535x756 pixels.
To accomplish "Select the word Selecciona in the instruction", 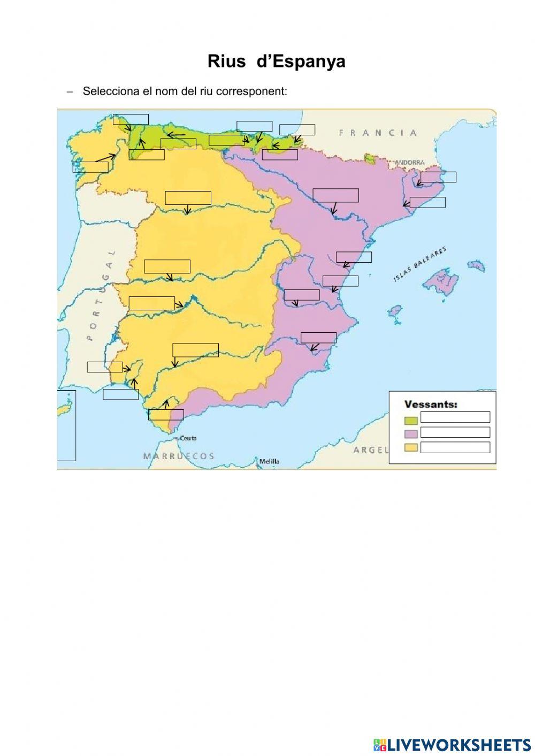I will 111,91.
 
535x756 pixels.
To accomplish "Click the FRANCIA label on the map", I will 377,133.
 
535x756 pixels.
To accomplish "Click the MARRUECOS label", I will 179,456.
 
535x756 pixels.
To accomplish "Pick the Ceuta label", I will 188,438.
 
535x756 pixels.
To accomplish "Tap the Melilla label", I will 269,461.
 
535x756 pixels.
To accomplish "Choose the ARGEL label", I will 371,450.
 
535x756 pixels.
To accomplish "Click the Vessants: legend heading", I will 431,404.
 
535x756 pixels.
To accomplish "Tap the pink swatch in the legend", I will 411,433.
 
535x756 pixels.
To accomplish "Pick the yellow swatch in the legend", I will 411,448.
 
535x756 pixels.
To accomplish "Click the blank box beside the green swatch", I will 455,417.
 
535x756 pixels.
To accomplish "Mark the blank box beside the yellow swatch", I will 455,447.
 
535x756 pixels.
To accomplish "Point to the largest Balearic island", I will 441,281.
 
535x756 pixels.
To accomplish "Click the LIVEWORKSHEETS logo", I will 452,744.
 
